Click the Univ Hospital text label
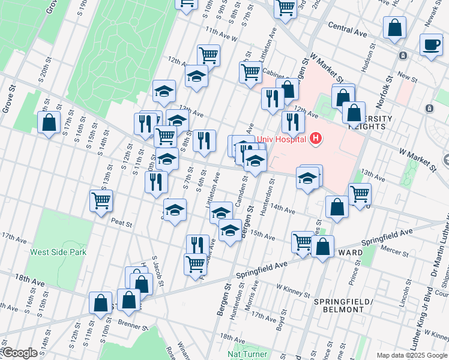[282, 140]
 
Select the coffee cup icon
[430, 44]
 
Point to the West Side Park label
[58, 252]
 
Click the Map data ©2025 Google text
[412, 355]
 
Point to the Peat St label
[121, 223]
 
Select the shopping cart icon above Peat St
[101, 200]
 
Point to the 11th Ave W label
[221, 33]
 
